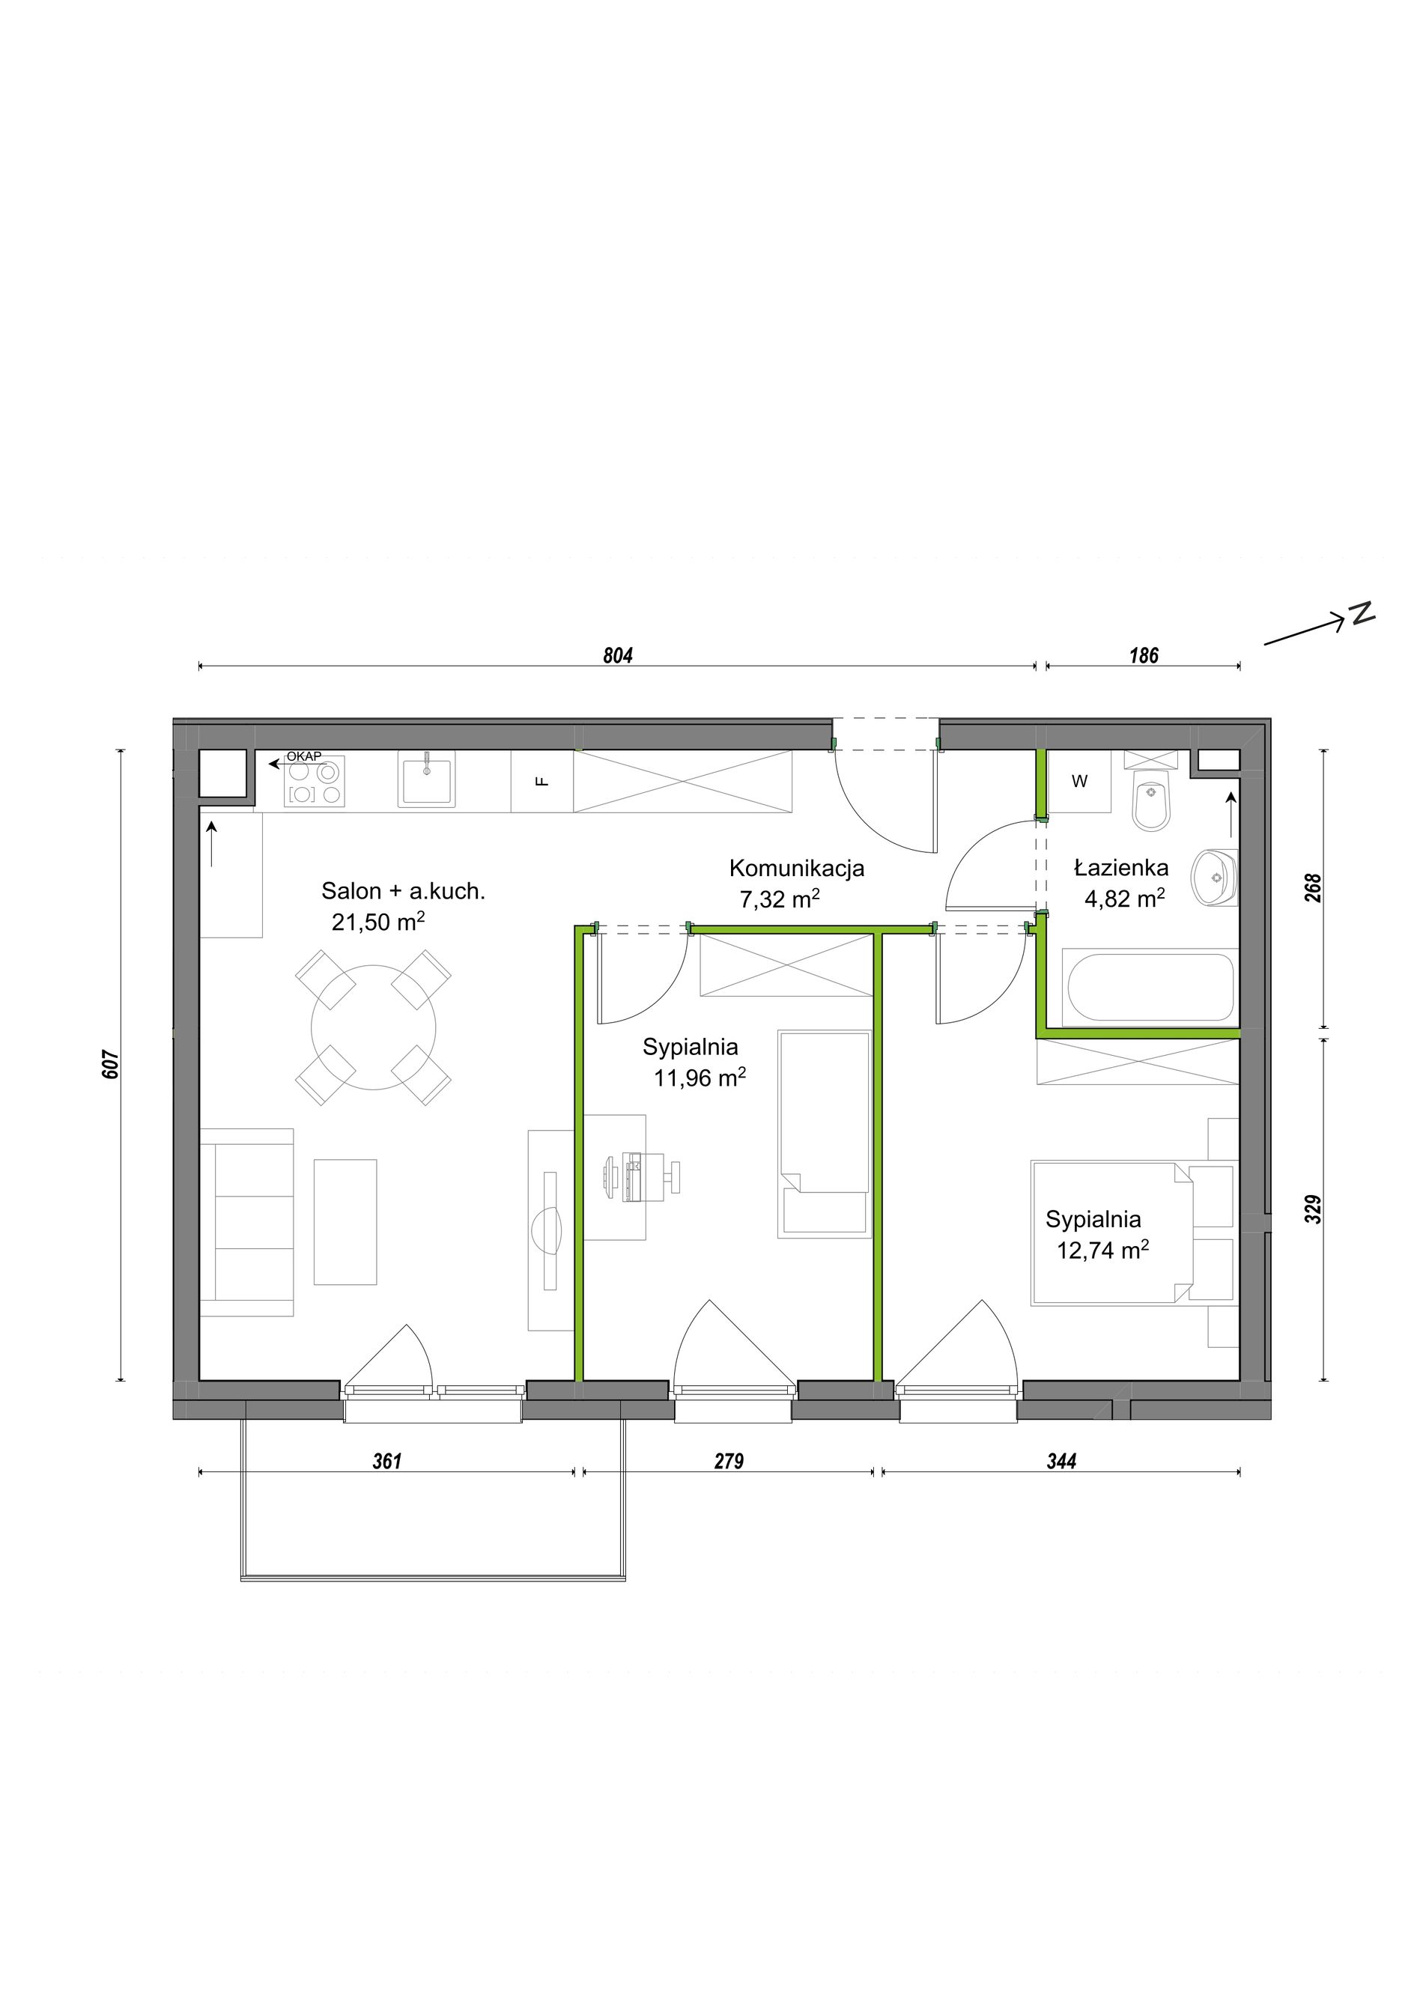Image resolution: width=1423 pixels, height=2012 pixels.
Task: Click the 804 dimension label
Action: pos(618,655)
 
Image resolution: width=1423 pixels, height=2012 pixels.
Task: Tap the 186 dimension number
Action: pos(1144,655)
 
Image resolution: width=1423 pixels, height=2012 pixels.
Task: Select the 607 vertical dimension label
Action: pos(110,1064)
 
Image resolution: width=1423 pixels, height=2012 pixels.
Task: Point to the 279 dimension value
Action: pos(729,1461)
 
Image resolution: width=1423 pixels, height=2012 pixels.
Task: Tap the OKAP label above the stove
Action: pos(304,756)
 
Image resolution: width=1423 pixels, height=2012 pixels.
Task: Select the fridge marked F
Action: pos(542,782)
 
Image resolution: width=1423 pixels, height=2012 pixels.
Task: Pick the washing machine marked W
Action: pos(1079,782)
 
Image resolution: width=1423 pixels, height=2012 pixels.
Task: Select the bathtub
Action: pos(1150,987)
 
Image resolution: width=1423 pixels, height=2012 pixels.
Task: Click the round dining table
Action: pos(373,1027)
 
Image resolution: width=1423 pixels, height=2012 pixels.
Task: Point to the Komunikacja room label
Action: pos(796,869)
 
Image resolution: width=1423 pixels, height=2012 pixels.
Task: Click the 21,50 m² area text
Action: pos(378,921)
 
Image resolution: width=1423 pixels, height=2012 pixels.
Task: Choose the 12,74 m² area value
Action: pos(1103,1250)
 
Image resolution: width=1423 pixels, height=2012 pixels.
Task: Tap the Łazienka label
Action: pos(1122,868)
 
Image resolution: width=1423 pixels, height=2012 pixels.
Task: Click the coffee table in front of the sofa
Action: pos(345,1223)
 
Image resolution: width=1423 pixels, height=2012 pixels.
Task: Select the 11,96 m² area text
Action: pos(700,1077)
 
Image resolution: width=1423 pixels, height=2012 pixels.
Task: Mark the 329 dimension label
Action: pos(1313,1210)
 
